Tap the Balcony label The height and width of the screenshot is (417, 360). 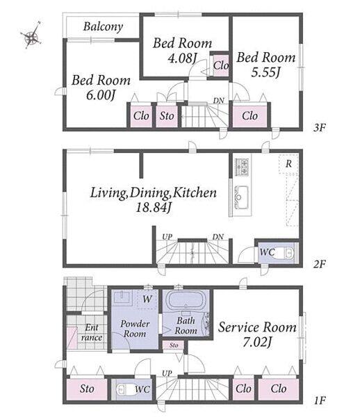[x=103, y=26]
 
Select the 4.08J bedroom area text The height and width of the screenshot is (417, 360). [x=182, y=58]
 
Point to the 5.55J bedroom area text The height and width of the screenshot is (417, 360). [x=265, y=72]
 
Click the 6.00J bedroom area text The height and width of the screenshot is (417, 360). [x=101, y=95]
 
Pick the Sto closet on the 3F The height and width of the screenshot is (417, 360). [x=167, y=116]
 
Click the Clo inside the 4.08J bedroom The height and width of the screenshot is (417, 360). [x=221, y=65]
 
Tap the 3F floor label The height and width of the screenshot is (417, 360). [x=319, y=128]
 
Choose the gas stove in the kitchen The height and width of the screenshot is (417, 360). [x=242, y=167]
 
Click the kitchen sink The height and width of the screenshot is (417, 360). [x=242, y=197]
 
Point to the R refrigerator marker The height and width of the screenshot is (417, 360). [x=288, y=164]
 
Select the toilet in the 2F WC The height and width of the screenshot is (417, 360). [x=288, y=253]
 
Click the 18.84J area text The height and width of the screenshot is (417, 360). [x=153, y=207]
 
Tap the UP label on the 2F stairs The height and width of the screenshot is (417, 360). [x=167, y=236]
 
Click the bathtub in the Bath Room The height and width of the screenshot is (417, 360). [x=186, y=300]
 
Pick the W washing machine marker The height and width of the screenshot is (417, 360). [x=147, y=299]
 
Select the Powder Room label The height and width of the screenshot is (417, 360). [x=135, y=329]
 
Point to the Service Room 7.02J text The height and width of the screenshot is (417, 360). [x=257, y=334]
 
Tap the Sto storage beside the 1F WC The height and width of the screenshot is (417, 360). [x=87, y=389]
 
